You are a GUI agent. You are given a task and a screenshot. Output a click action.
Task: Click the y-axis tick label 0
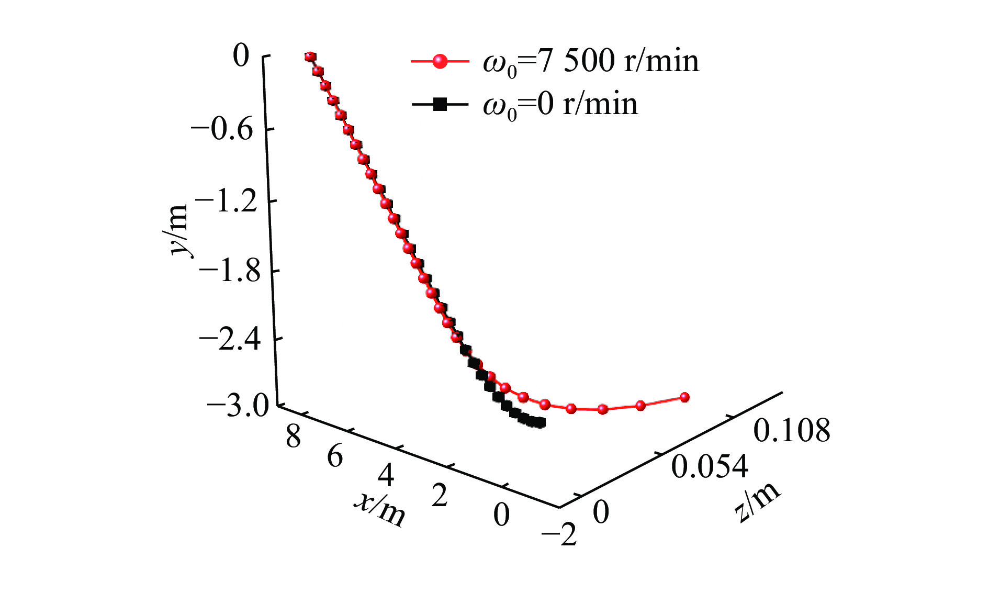[241, 56]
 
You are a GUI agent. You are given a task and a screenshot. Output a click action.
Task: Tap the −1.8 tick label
[230, 271]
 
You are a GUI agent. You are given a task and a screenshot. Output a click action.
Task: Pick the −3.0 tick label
[238, 406]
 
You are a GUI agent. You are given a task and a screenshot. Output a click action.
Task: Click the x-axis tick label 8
[294, 435]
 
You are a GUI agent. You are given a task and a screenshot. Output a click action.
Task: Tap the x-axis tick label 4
[386, 476]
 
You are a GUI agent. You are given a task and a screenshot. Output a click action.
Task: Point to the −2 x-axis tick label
[559, 535]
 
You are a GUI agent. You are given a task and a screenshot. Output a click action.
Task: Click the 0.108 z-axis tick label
[791, 431]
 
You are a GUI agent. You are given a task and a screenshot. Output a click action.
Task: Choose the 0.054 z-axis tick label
[710, 466]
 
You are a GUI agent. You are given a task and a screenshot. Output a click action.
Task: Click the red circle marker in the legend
[440, 62]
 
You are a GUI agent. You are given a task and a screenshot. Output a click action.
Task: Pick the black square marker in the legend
[440, 104]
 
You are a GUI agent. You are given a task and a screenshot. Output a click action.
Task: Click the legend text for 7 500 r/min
[591, 62]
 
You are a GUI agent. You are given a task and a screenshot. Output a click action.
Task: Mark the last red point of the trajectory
[684, 397]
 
